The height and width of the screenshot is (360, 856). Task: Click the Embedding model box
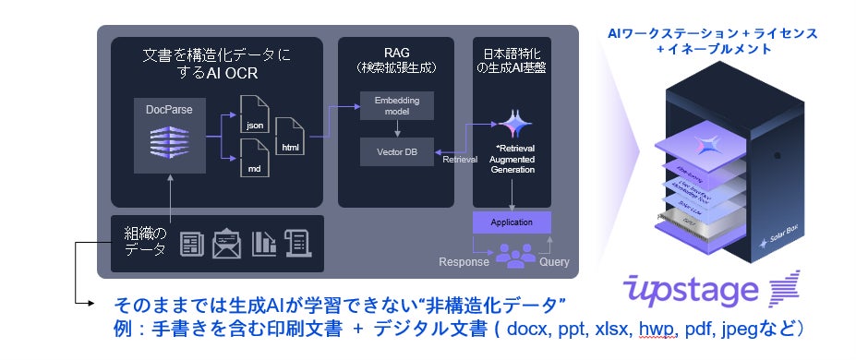click(x=395, y=105)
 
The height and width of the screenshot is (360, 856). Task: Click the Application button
click(x=511, y=222)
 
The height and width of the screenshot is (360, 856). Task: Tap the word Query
click(x=554, y=261)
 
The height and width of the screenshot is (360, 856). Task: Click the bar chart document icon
click(x=265, y=243)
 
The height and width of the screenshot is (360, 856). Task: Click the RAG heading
click(x=395, y=53)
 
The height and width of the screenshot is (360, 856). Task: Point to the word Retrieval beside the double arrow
click(x=460, y=159)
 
